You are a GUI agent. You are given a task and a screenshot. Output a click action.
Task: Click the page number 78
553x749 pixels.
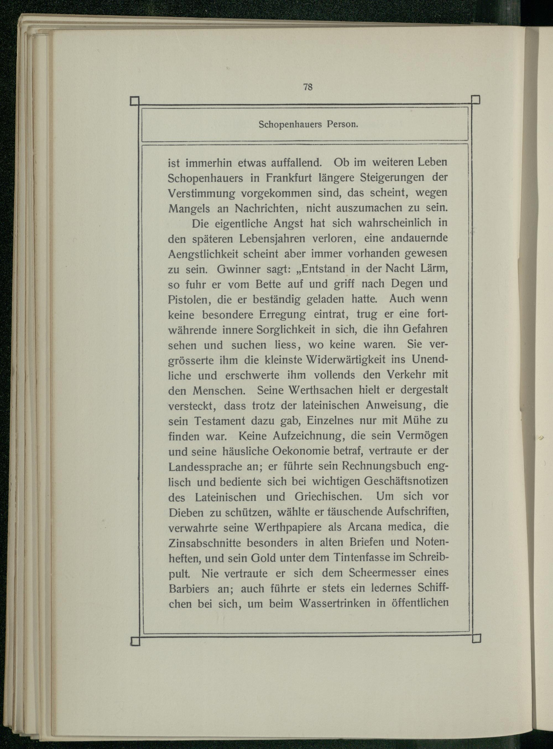tap(308, 87)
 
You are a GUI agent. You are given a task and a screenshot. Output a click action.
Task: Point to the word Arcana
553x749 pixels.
tap(364, 527)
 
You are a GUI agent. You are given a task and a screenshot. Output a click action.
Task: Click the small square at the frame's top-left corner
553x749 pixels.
tap(135, 101)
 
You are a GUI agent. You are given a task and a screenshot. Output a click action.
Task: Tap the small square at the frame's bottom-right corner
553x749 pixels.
tap(476, 638)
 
